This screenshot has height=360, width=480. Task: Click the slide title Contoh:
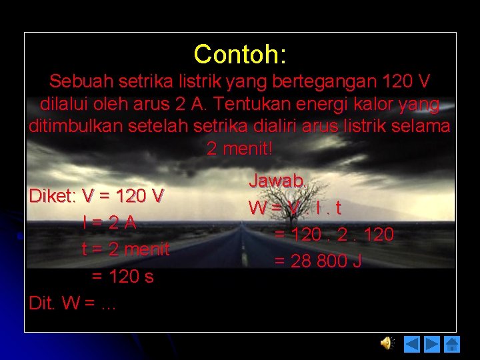pyautogui.click(x=240, y=54)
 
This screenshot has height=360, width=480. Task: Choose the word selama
pyautogui.click(x=422, y=127)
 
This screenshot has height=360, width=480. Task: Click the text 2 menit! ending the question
pyautogui.click(x=240, y=149)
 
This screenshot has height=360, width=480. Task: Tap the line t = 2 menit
pyautogui.click(x=125, y=249)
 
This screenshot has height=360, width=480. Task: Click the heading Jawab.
pyautogui.click(x=277, y=181)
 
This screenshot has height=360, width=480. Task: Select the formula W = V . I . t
pyautogui.click(x=295, y=208)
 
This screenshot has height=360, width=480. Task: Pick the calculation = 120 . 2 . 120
pyautogui.click(x=334, y=235)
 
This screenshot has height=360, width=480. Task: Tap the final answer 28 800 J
pyautogui.click(x=326, y=261)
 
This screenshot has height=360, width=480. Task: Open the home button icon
pyautogui.click(x=452, y=344)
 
